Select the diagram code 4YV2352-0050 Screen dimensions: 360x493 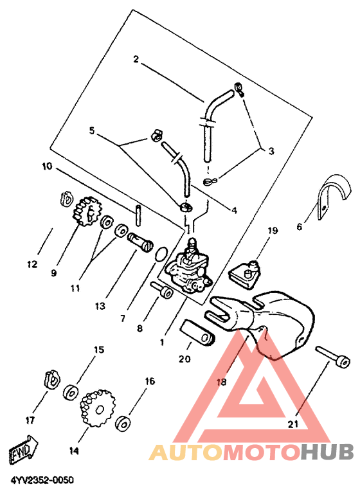pyautogui.click(x=42, y=480)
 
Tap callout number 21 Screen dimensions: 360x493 pyautogui.click(x=293, y=424)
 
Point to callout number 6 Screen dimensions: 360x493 pyautogui.click(x=300, y=226)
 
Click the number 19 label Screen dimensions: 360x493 pyautogui.click(x=273, y=231)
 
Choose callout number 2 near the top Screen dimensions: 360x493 pyautogui.click(x=136, y=58)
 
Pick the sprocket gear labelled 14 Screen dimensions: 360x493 pyautogui.click(x=98, y=408)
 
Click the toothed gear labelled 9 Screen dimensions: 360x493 pyautogui.click(x=86, y=211)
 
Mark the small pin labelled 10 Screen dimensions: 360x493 pyautogui.click(x=138, y=215)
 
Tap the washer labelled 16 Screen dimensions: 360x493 pyautogui.click(x=123, y=423)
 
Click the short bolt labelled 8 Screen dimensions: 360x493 pyautogui.click(x=161, y=289)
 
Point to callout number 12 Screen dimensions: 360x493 pyautogui.click(x=32, y=264)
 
